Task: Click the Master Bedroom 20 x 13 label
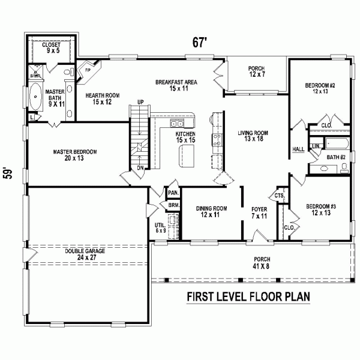pos(74,155)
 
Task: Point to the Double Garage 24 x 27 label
pos(85,254)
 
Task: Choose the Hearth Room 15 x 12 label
pos(98,98)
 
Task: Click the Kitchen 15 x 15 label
pos(185,137)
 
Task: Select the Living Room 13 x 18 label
pos(252,136)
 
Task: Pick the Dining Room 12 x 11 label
pos(211,212)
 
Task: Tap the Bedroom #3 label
pos(320,209)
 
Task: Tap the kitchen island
pos(184,157)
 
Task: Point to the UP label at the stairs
pos(142,101)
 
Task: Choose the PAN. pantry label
pos(173,193)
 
